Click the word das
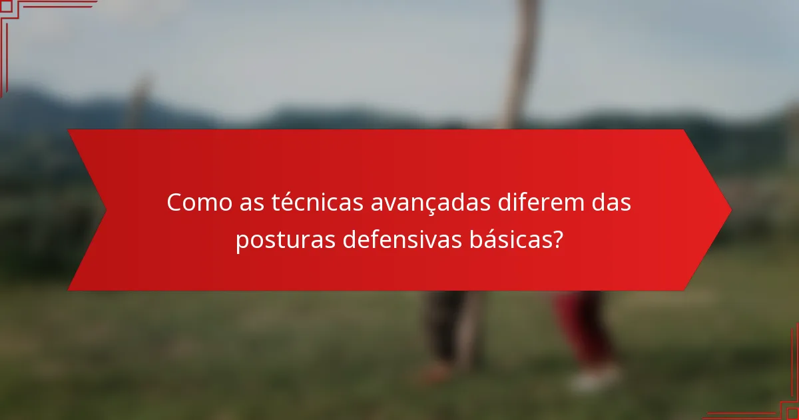(609, 203)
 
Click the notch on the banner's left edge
(105, 210)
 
